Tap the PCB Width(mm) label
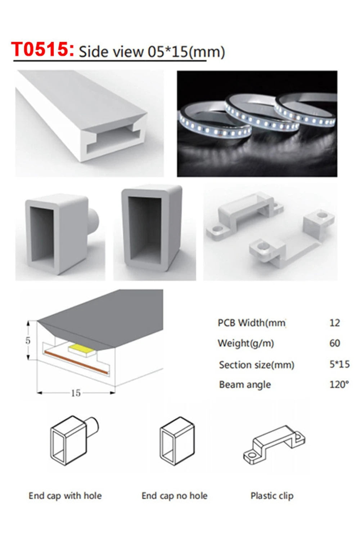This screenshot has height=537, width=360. click(x=251, y=323)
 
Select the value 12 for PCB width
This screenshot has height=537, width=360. click(x=334, y=323)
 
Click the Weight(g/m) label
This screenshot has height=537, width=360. click(x=246, y=343)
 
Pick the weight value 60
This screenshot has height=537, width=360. click(x=334, y=343)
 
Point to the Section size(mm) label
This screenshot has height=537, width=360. click(x=256, y=365)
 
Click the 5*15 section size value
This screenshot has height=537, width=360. click(x=339, y=364)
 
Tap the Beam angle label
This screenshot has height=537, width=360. click(x=245, y=384)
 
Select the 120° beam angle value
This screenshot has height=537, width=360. click(x=339, y=384)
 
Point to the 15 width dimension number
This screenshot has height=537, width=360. click(x=76, y=393)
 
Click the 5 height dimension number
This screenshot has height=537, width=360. click(x=28, y=340)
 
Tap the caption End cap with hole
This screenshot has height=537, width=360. click(x=65, y=496)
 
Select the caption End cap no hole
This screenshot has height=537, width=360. click(x=174, y=496)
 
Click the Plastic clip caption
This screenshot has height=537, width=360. click(x=272, y=496)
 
